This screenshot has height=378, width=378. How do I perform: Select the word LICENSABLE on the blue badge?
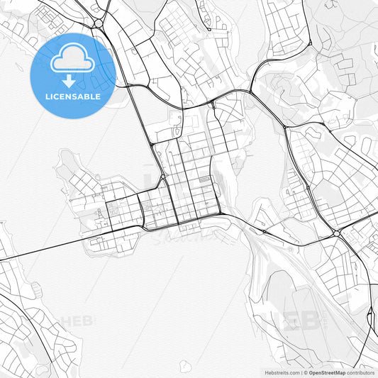[x=72, y=96]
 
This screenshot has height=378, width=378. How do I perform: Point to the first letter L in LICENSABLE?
[x=46, y=96]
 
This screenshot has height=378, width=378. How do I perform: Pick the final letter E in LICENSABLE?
[x=98, y=96]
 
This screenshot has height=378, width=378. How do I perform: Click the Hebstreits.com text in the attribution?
[x=282, y=372]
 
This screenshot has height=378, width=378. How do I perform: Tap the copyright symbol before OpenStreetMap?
[x=306, y=372]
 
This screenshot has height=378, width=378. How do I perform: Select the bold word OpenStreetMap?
[x=327, y=372]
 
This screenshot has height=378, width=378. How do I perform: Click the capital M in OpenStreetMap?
[x=339, y=372]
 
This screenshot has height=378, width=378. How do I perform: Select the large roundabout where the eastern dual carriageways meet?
[x=336, y=232]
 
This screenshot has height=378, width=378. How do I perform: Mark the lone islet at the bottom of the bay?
[x=185, y=366]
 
